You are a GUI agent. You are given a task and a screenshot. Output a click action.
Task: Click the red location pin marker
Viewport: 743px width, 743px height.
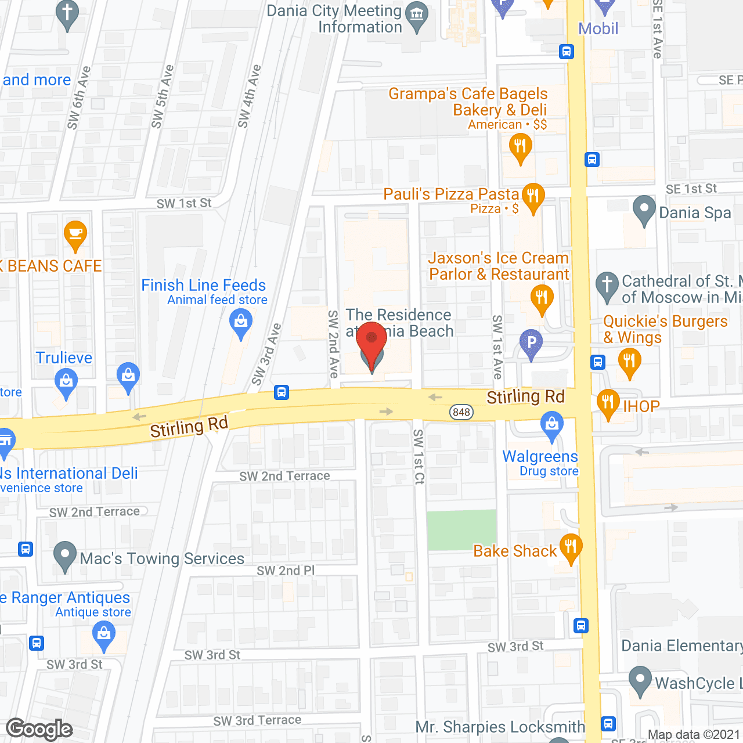click(371, 343)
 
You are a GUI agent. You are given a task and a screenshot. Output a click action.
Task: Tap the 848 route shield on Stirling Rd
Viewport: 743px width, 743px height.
click(461, 412)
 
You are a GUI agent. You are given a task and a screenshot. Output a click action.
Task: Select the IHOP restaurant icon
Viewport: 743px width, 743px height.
click(608, 403)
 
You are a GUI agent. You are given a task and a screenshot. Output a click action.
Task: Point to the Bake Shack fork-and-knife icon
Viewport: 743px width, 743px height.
click(571, 547)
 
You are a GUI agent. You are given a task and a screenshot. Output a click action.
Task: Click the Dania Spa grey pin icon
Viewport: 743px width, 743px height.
click(644, 210)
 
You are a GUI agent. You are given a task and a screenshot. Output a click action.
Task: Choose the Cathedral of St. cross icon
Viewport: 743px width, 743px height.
click(607, 286)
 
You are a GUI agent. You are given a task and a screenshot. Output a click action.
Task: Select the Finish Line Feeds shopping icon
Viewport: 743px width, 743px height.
click(240, 322)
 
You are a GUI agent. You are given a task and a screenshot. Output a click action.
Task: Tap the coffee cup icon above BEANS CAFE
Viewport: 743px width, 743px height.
click(75, 235)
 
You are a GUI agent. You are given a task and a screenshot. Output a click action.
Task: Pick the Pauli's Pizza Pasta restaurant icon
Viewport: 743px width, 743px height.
click(532, 197)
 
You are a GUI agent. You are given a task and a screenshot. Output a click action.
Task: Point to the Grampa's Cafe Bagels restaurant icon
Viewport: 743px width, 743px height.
click(520, 147)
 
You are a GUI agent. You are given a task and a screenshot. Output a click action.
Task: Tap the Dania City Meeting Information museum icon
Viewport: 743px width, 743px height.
click(417, 17)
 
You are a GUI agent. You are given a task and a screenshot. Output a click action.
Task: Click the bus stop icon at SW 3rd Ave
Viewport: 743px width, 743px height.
click(282, 392)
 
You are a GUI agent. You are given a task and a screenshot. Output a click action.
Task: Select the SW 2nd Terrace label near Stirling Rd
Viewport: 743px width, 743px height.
click(284, 476)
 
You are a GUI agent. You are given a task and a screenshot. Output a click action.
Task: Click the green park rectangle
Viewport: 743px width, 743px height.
click(462, 530)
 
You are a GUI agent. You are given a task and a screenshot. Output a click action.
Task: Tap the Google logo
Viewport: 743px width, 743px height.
click(39, 729)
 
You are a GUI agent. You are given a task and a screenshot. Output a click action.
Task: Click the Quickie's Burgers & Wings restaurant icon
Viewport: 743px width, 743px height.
click(629, 361)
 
